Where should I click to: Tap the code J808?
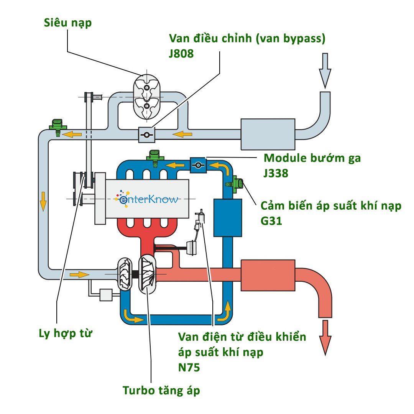(181, 54)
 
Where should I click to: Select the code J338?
(276, 173)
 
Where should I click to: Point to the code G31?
(271, 221)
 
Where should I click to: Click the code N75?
(189, 367)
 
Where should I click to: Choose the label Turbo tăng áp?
(161, 391)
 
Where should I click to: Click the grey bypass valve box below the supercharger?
(146, 135)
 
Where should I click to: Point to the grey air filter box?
(268, 134)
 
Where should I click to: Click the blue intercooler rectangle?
(228, 217)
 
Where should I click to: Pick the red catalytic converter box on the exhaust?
(268, 275)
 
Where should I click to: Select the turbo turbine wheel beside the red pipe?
(148, 275)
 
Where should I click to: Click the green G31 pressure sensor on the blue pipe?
(236, 184)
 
